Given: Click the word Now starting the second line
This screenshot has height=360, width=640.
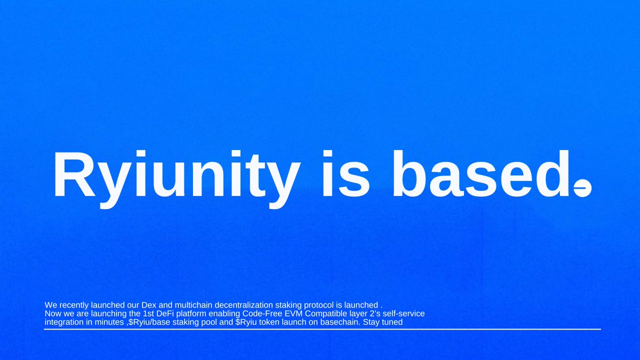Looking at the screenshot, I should pyautogui.click(x=53, y=314).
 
